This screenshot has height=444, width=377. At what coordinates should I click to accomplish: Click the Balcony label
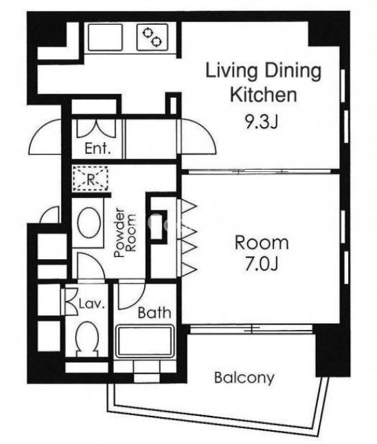click(244, 377)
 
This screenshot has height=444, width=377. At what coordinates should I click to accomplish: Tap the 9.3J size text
click(262, 122)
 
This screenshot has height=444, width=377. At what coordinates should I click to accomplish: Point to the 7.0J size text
click(262, 264)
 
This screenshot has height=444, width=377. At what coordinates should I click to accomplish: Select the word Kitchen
click(263, 95)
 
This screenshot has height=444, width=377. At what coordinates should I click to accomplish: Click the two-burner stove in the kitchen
click(152, 37)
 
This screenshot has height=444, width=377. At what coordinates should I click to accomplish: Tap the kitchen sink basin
click(105, 37)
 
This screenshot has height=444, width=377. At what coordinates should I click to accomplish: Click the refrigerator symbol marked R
click(90, 179)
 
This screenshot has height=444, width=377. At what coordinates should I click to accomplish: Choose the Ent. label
click(98, 148)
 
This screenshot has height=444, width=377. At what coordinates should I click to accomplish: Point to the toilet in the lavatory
click(87, 339)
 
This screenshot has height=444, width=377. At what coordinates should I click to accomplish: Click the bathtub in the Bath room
click(145, 342)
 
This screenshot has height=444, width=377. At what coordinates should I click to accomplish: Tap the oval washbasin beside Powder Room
click(89, 222)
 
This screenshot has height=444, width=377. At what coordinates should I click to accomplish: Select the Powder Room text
click(125, 233)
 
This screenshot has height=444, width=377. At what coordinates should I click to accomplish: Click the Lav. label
click(91, 304)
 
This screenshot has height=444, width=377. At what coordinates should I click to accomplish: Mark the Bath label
click(155, 312)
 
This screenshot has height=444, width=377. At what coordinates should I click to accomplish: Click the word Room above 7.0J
click(262, 243)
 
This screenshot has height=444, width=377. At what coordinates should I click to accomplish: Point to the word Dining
click(293, 71)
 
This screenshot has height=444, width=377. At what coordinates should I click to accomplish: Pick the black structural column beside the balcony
click(332, 351)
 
